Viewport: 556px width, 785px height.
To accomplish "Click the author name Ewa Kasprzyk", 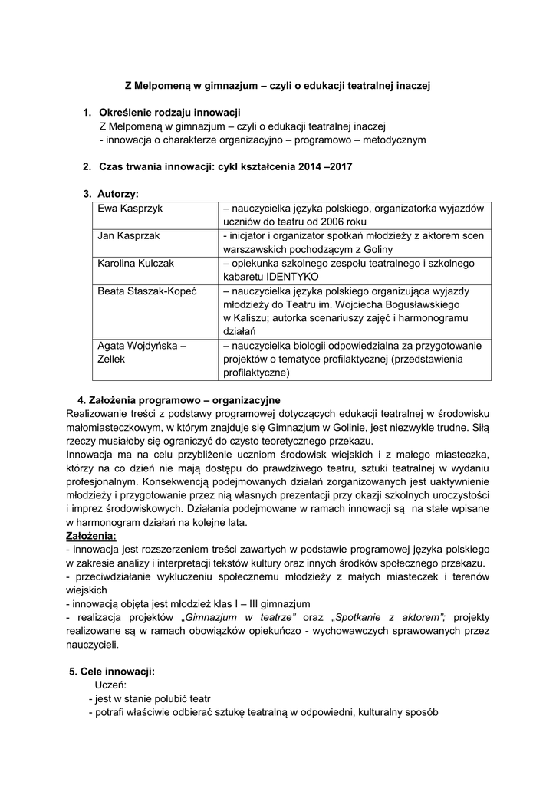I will tap(130, 208).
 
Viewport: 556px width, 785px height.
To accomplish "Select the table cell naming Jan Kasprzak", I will tap(128, 235).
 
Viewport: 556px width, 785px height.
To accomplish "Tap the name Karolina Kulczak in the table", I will tap(136, 263).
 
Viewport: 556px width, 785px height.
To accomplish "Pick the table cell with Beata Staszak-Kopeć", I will tap(148, 291).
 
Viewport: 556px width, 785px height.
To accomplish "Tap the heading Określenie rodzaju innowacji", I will tap(170, 113).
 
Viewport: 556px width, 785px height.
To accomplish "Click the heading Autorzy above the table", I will tap(117, 194).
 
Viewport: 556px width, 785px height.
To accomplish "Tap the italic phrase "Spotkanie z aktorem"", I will tap(390, 617).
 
